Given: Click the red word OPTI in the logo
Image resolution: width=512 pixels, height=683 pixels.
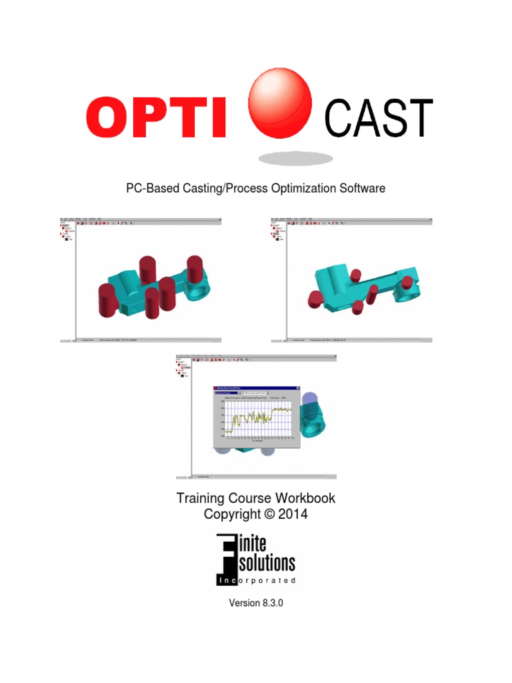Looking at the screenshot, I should click(156, 118).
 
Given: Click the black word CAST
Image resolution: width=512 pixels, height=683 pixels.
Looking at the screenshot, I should click(378, 119).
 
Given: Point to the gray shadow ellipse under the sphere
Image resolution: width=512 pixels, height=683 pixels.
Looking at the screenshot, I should click(295, 158).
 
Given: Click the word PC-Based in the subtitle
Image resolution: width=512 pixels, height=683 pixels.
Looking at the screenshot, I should click(149, 188).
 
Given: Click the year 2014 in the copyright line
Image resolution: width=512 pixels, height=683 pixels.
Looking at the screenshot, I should click(294, 514).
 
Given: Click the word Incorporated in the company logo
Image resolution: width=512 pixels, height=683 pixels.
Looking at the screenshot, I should click(256, 580).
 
